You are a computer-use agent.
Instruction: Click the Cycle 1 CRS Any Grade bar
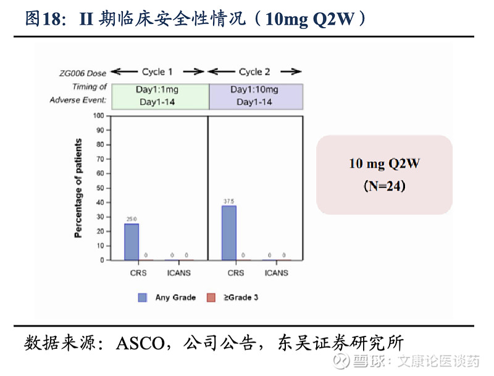132,242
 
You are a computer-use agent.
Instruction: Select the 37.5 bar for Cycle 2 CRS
228,233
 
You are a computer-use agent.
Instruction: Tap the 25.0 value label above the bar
132,219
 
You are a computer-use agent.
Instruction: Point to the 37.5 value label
228,201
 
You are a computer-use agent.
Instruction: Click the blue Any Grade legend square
143,298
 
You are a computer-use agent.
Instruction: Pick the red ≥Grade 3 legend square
211,298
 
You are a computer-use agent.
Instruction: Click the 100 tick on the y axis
98,115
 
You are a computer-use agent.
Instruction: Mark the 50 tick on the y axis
99,187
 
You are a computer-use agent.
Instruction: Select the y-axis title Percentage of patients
78,188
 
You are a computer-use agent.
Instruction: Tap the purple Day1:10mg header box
254,96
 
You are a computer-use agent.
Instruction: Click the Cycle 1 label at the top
157,72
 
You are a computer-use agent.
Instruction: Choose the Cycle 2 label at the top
254,72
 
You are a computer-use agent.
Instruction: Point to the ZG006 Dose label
83,73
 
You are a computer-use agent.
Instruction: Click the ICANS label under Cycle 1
178,272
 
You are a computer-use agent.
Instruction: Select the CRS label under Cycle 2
236,272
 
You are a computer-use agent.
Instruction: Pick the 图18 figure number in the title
41,18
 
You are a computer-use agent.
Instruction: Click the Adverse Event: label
78,100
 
